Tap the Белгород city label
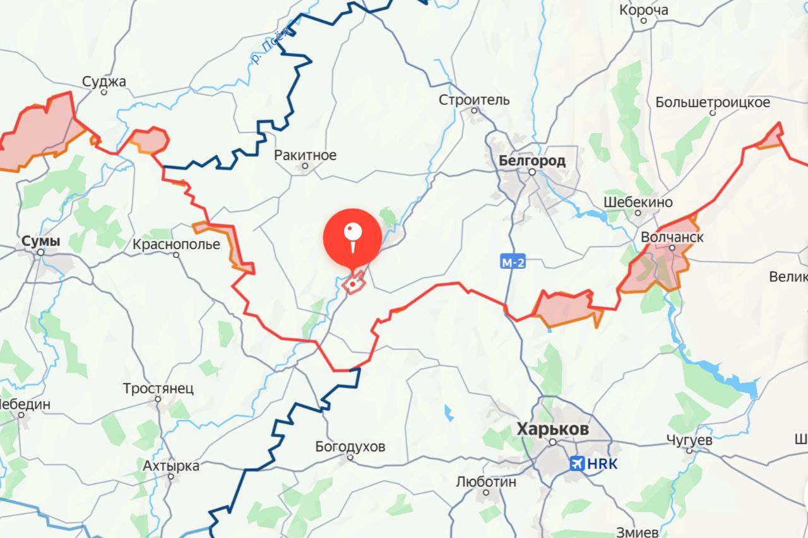(532, 160)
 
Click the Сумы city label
(41, 241)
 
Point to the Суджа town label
(104, 81)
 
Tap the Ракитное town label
(306, 155)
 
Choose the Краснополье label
(177, 244)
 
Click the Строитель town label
(474, 100)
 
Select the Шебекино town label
(638, 202)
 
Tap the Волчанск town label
(672, 237)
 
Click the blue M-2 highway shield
(513, 262)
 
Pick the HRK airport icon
(576, 464)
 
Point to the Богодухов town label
(350, 447)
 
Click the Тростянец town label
(158, 389)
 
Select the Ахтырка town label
(170, 466)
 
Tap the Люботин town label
(486, 482)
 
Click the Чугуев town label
(689, 440)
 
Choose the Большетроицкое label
(713, 102)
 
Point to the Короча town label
(644, 10)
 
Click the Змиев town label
(661, 530)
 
